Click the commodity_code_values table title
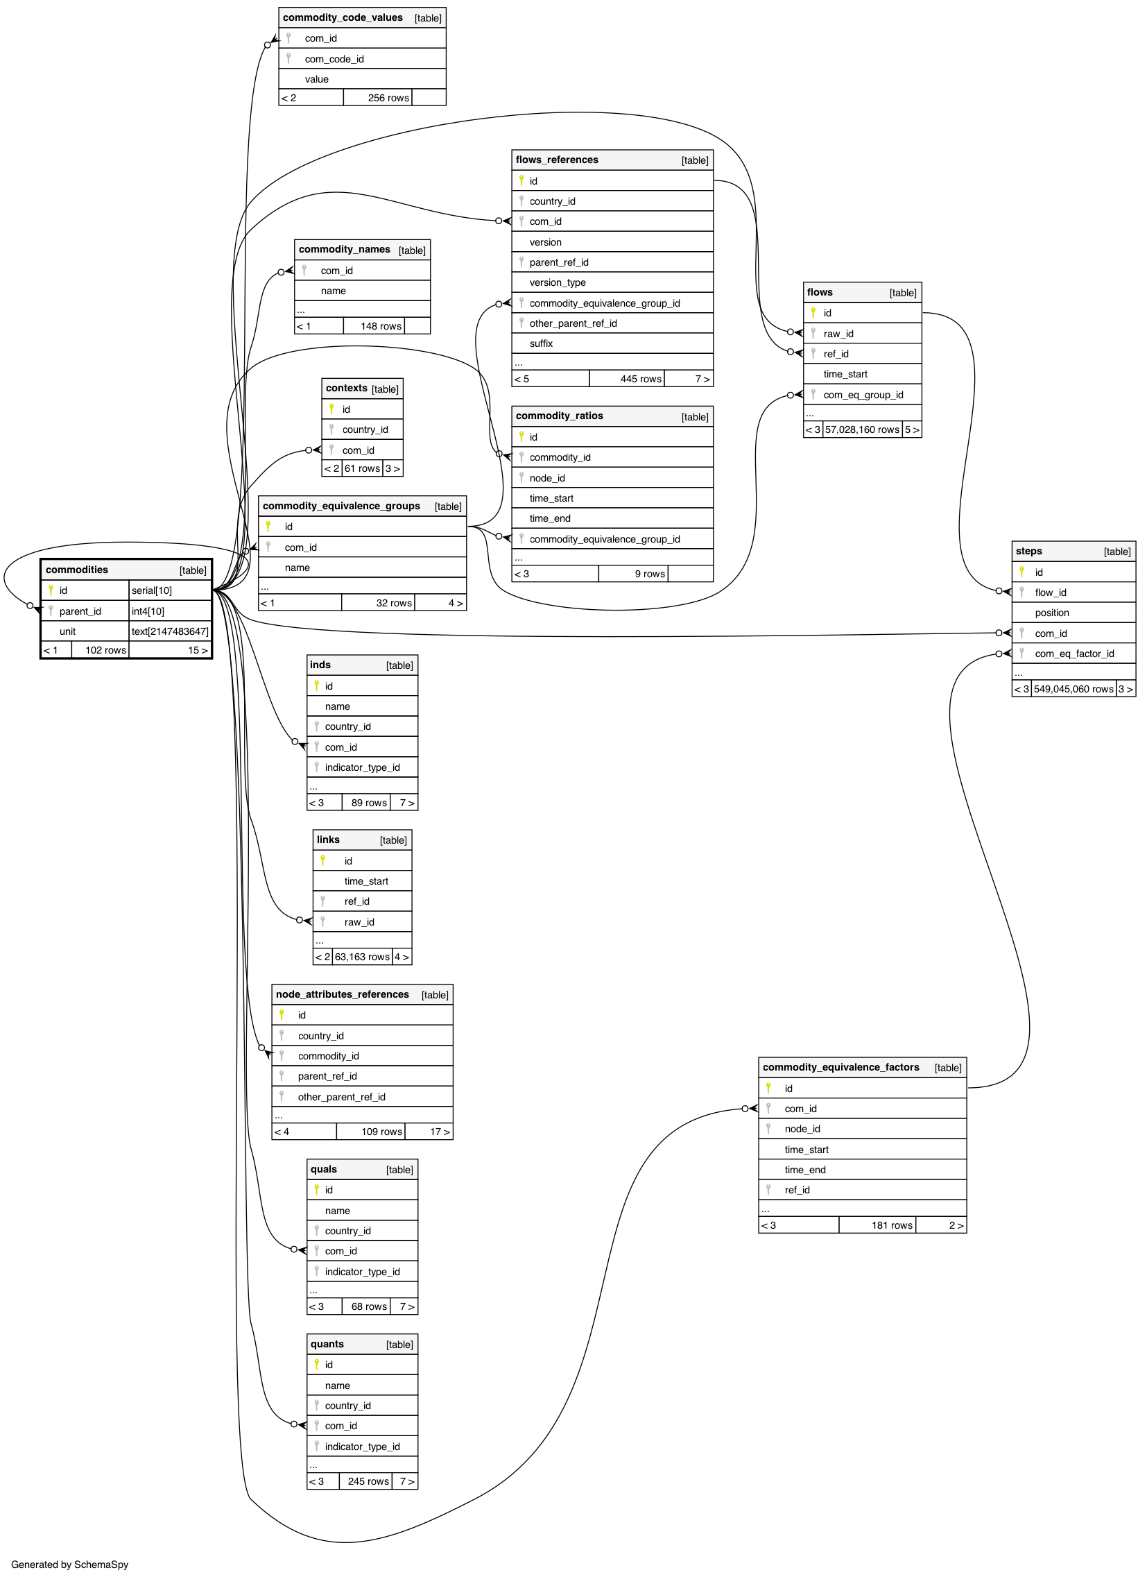click(x=343, y=17)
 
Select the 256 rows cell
click(x=388, y=98)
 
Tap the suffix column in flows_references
click(x=541, y=343)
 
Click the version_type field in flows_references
click(x=558, y=282)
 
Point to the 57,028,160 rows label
click(x=862, y=429)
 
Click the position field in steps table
click(x=1052, y=613)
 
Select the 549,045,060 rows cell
click(x=1073, y=689)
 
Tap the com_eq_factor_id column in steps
click(x=1074, y=654)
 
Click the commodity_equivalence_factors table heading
click(x=840, y=1067)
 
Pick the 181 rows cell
click(x=892, y=1225)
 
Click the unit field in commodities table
click(x=67, y=631)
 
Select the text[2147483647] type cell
click(x=170, y=631)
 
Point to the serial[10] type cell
click(x=152, y=590)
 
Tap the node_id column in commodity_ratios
click(x=547, y=478)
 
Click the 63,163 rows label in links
click(x=362, y=957)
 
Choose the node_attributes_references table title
click(x=342, y=994)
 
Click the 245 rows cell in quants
click(x=368, y=1481)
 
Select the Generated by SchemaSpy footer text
click(x=69, y=1565)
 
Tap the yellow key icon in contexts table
click(x=331, y=409)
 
